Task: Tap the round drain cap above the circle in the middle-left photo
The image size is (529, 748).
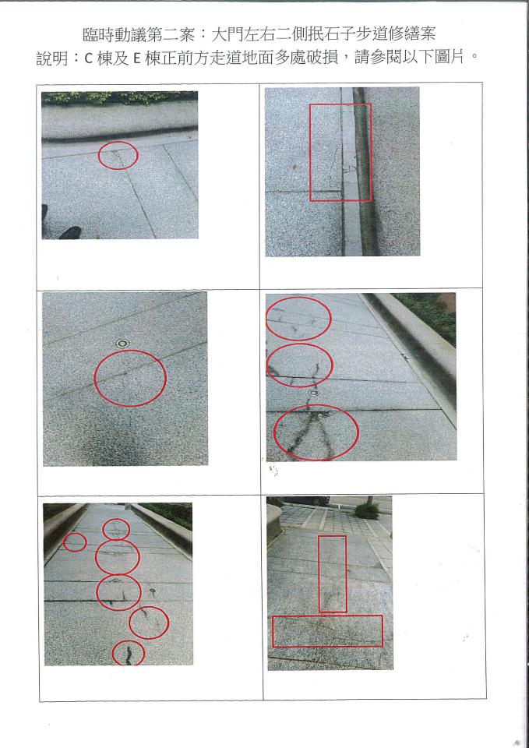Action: click(x=122, y=343)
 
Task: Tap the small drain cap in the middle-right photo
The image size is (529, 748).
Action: click(x=313, y=393)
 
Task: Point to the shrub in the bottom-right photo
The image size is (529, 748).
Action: click(x=367, y=511)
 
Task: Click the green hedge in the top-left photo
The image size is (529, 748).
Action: click(x=119, y=97)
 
